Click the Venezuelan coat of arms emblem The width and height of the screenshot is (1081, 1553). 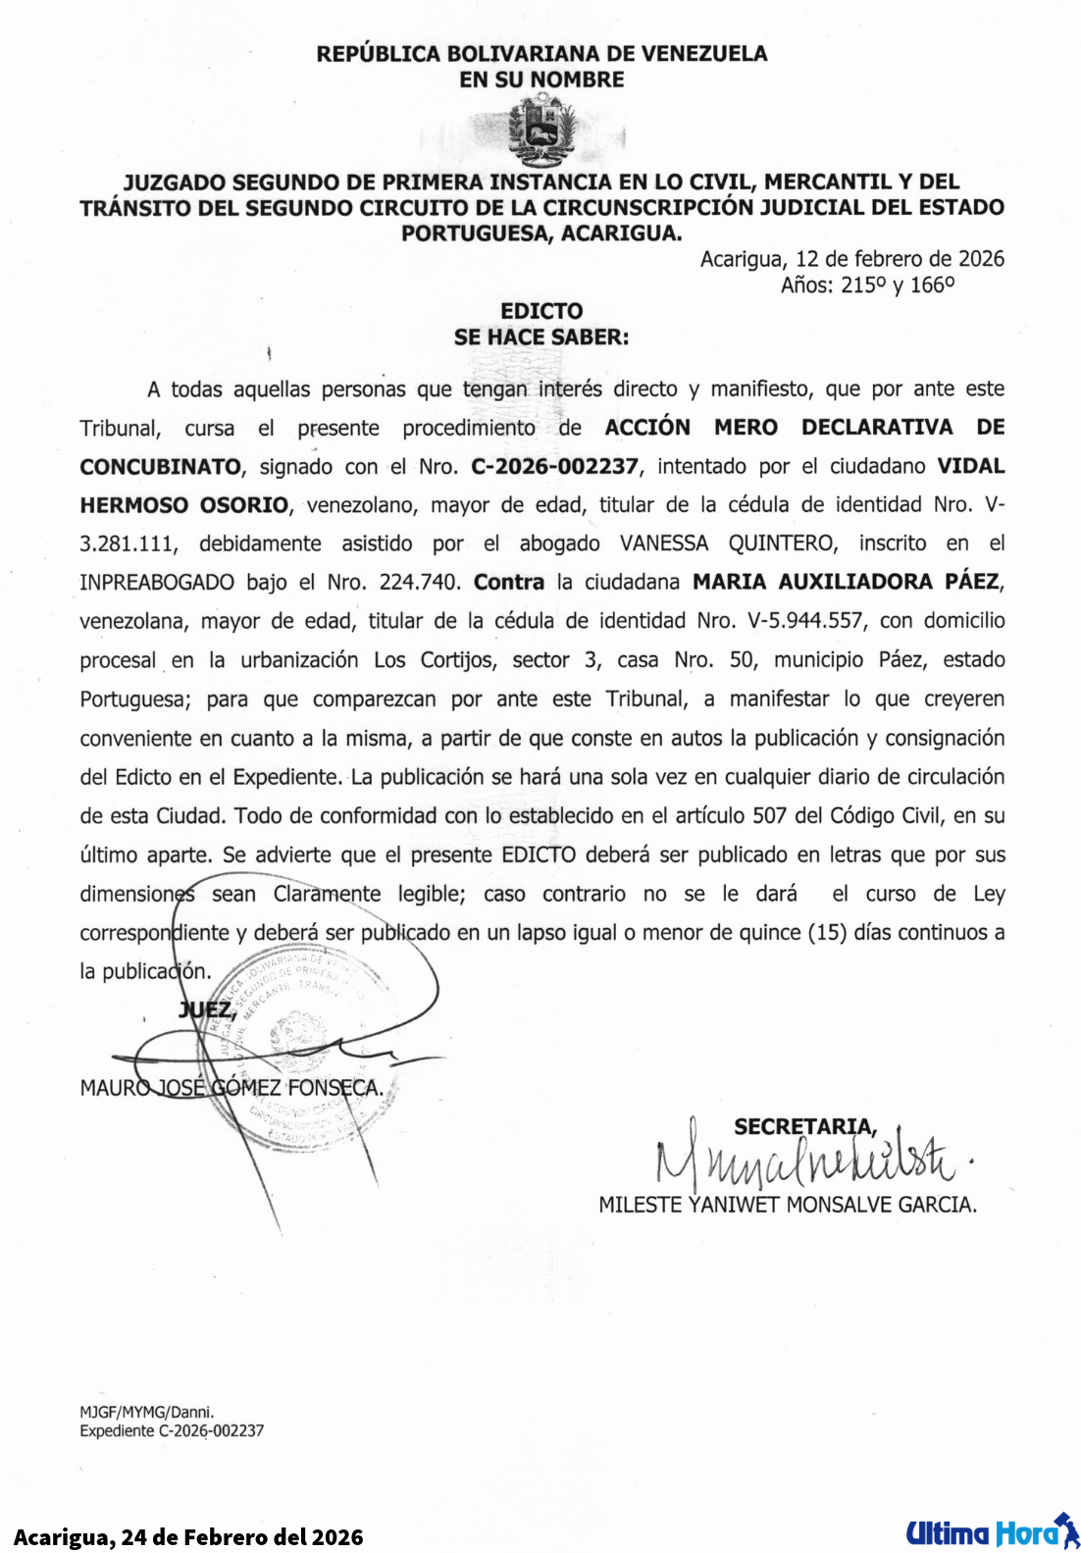pyautogui.click(x=541, y=130)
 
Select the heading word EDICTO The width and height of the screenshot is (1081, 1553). pyautogui.click(x=541, y=311)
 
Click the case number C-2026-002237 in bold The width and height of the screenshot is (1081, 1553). pyautogui.click(x=554, y=466)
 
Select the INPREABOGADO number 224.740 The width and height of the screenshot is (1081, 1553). pyautogui.click(x=419, y=582)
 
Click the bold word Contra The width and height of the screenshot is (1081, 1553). pyautogui.click(x=508, y=582)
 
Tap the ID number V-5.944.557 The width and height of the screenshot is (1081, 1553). pyautogui.click(x=804, y=621)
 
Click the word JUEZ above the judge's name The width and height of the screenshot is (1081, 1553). pyautogui.click(x=206, y=1009)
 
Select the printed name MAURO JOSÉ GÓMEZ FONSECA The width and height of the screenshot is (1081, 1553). pyautogui.click(x=232, y=1088)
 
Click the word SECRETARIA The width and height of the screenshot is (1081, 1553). pyautogui.click(x=804, y=1127)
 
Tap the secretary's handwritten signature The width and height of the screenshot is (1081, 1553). pyautogui.click(x=804, y=1163)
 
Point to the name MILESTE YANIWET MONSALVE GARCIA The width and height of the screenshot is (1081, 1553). pyautogui.click(x=787, y=1205)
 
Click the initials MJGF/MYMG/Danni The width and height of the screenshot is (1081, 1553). pyautogui.click(x=147, y=1413)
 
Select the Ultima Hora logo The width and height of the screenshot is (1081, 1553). pyautogui.click(x=991, y=1532)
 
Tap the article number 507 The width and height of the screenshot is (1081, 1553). pyautogui.click(x=769, y=815)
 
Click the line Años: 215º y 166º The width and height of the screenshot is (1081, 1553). pyautogui.click(x=867, y=285)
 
